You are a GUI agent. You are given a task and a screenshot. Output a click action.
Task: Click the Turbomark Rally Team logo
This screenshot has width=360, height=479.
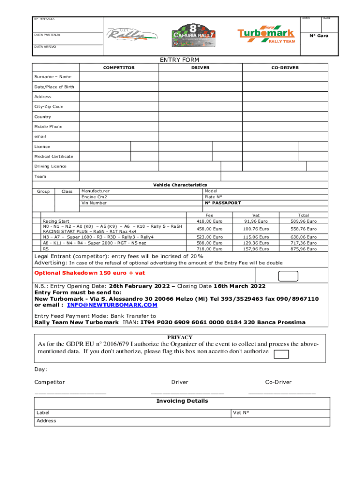pyautogui.click(x=266, y=35)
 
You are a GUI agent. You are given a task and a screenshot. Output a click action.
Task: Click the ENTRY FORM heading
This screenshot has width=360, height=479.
pyautogui.click(x=180, y=60)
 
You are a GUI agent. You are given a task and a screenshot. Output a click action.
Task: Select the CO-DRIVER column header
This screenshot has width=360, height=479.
pyautogui.click(x=285, y=68)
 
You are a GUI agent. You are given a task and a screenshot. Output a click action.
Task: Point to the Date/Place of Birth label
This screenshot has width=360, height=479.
pyautogui.click(x=54, y=87)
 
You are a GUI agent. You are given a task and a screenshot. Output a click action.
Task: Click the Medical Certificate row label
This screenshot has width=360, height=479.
pyautogui.click(x=54, y=156)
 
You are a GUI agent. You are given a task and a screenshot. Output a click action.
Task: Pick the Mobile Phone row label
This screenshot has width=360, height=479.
pyautogui.click(x=48, y=127)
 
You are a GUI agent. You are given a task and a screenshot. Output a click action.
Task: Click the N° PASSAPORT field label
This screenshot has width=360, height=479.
pyautogui.click(x=223, y=203)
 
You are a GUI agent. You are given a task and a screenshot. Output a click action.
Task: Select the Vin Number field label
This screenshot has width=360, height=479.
pyautogui.click(x=94, y=203)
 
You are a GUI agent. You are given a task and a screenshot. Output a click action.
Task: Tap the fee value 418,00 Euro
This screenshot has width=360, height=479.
pyautogui.click(x=209, y=221)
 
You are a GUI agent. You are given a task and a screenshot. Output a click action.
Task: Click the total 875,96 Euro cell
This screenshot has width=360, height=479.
pyautogui.click(x=303, y=249)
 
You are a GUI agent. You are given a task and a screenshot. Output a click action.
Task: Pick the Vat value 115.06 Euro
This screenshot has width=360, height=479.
pyautogui.click(x=256, y=237)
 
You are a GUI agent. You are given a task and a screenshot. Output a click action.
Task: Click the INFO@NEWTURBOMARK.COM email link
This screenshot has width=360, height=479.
pyautogui.click(x=112, y=305)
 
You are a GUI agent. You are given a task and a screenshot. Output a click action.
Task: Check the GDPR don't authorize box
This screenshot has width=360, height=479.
pyautogui.click(x=281, y=354)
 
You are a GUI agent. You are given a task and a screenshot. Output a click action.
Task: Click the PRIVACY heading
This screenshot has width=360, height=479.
pyautogui.click(x=180, y=337)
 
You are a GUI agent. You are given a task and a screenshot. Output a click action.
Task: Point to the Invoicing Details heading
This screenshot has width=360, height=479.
pyautogui.click(x=182, y=401)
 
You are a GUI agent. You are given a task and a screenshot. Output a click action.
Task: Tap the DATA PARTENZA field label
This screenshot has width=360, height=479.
pyautogui.click(x=47, y=35)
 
